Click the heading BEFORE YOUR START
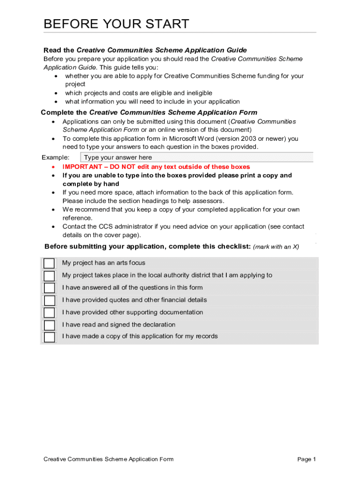click(116, 24)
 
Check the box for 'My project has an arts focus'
click(49, 263)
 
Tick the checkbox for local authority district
click(49, 276)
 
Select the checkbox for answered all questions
click(49, 288)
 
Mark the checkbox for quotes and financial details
click(49, 300)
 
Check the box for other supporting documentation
click(49, 312)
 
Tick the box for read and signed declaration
click(49, 325)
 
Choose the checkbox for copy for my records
click(49, 337)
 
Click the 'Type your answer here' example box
click(196, 158)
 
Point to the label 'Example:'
click(56, 158)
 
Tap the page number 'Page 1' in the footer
click(307, 459)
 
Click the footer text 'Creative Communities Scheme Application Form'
click(108, 459)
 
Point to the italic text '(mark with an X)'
click(276, 247)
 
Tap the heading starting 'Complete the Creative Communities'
click(149, 113)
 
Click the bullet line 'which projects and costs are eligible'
click(138, 93)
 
